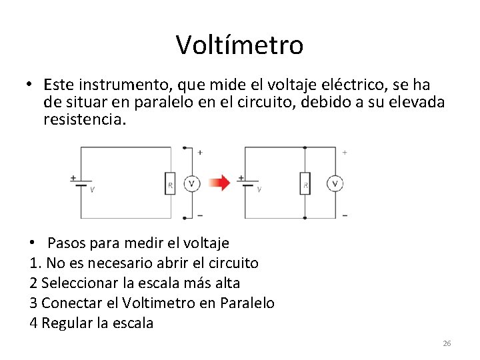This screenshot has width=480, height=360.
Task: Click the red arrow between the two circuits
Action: click(x=218, y=182)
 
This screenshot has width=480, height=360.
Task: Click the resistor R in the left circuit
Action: click(x=169, y=183)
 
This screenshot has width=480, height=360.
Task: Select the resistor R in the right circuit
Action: click(x=305, y=183)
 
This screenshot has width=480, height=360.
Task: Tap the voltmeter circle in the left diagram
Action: click(x=191, y=183)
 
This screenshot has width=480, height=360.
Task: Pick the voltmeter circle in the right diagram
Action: click(x=335, y=183)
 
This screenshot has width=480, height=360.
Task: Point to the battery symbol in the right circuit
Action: click(x=248, y=183)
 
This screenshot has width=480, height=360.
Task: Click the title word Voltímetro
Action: click(x=239, y=45)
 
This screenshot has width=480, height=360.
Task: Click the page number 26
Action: click(x=447, y=343)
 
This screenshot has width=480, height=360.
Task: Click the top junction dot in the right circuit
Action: click(x=305, y=147)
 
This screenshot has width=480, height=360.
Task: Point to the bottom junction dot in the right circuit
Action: click(x=305, y=218)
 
